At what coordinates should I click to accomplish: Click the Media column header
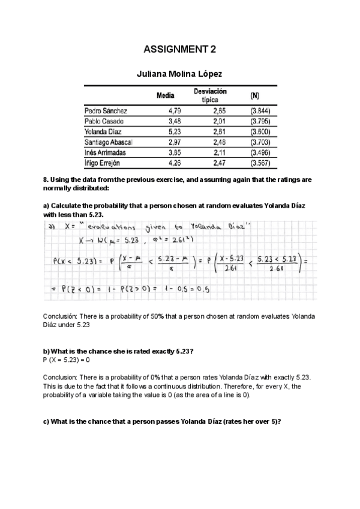point(165,95)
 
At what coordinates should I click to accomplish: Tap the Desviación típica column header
point(210,95)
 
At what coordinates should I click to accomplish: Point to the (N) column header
point(255,95)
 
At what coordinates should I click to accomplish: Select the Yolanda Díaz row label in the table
point(104,131)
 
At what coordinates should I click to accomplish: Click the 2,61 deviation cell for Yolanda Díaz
point(219,131)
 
